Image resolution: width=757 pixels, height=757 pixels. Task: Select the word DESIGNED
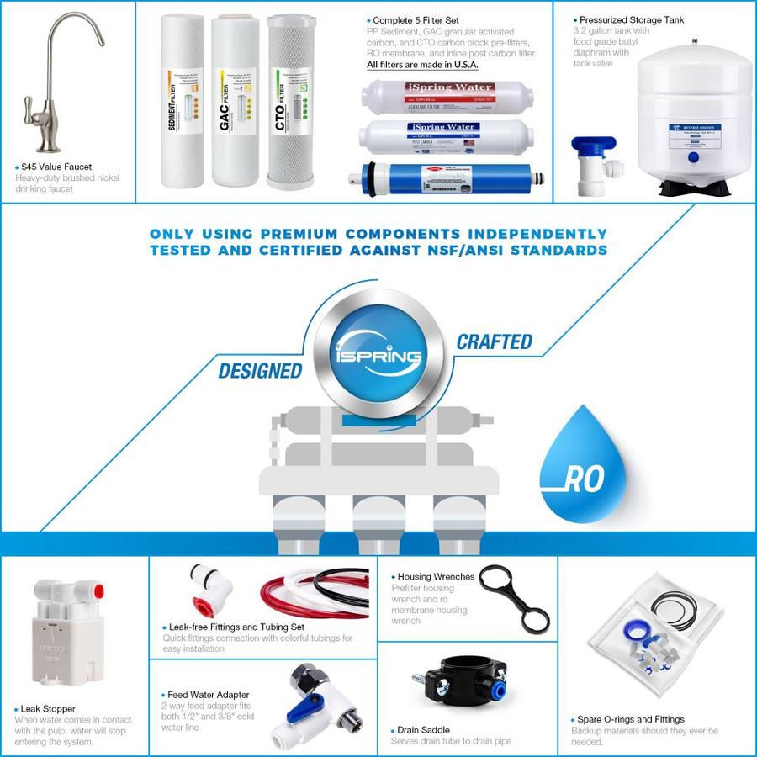pyautogui.click(x=260, y=370)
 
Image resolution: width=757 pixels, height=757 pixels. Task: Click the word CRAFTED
pyautogui.click(x=494, y=341)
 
